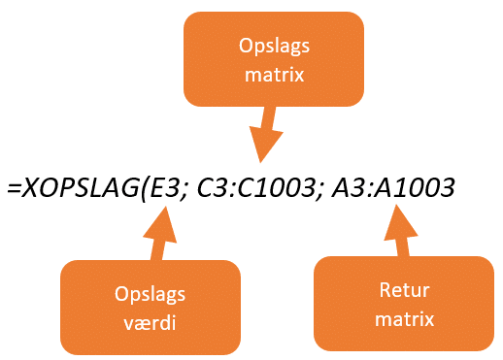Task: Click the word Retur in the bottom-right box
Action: [x=403, y=290]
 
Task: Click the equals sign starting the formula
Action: [x=14, y=189]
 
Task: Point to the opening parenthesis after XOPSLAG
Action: [x=141, y=189]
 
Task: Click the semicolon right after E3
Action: [x=180, y=191]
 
